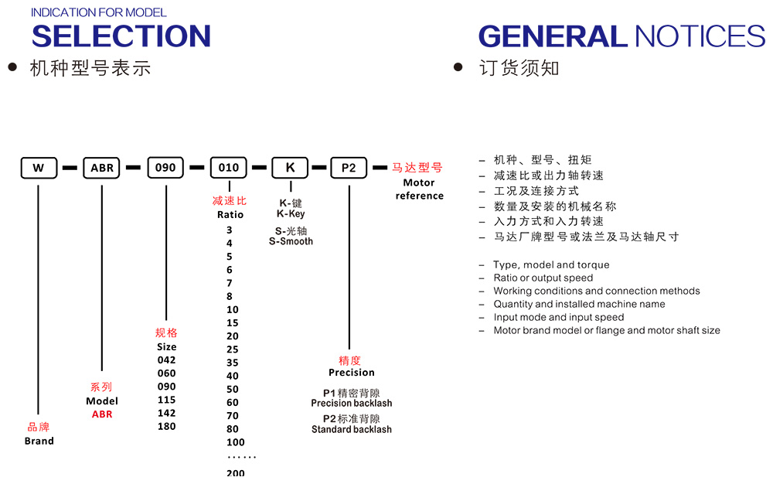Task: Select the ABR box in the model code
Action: click(102, 168)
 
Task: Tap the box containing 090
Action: click(165, 168)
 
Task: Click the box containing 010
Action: click(229, 168)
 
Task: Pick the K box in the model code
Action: click(290, 168)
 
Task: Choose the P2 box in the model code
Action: click(349, 168)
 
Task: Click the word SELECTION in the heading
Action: click(121, 36)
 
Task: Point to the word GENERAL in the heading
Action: click(552, 36)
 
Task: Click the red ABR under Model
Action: click(102, 414)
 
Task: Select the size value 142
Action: click(166, 413)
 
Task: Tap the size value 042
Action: click(166, 360)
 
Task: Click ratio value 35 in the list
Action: click(233, 363)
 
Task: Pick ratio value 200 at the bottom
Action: click(236, 473)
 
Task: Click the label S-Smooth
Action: click(291, 242)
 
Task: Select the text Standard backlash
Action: click(352, 430)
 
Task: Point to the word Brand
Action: click(39, 441)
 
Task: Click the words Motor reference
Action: click(419, 189)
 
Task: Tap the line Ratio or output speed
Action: click(543, 278)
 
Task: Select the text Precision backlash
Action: click(352, 404)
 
